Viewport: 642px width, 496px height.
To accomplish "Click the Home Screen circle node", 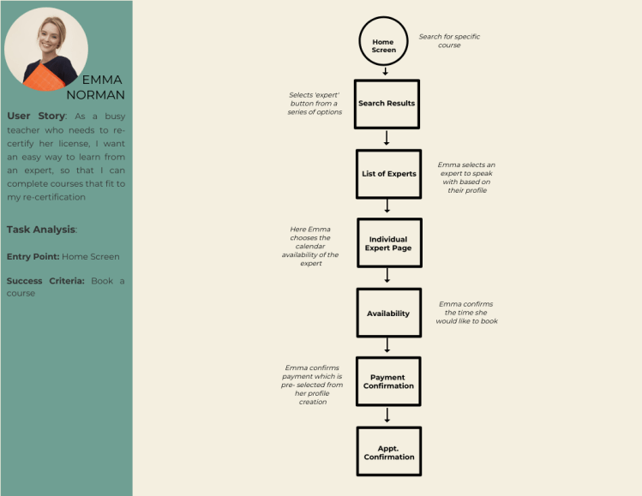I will tap(384, 45).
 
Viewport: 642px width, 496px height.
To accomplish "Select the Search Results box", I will tap(387, 104).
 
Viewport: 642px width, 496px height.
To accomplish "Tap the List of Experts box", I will tap(388, 174).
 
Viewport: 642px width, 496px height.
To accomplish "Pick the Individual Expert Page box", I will tap(388, 243).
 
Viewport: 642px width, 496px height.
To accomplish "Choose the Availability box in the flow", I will tap(388, 314).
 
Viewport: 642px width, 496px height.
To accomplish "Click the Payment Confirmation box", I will tap(388, 381).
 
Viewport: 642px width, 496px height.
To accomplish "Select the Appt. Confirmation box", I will tap(388, 451).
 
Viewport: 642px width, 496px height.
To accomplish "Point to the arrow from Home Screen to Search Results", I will tap(386, 72).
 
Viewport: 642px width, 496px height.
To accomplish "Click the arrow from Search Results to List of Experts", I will tap(387, 138).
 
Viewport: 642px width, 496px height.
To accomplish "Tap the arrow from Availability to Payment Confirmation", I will tap(388, 345).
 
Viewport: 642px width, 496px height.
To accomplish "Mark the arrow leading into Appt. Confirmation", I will tap(388, 415).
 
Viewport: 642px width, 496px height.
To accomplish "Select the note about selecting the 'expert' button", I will tap(315, 104).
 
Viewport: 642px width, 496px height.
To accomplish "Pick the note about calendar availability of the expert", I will tap(310, 246).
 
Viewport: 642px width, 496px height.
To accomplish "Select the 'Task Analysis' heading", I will tap(40, 229).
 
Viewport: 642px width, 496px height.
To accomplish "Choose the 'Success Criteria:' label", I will tap(45, 280).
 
